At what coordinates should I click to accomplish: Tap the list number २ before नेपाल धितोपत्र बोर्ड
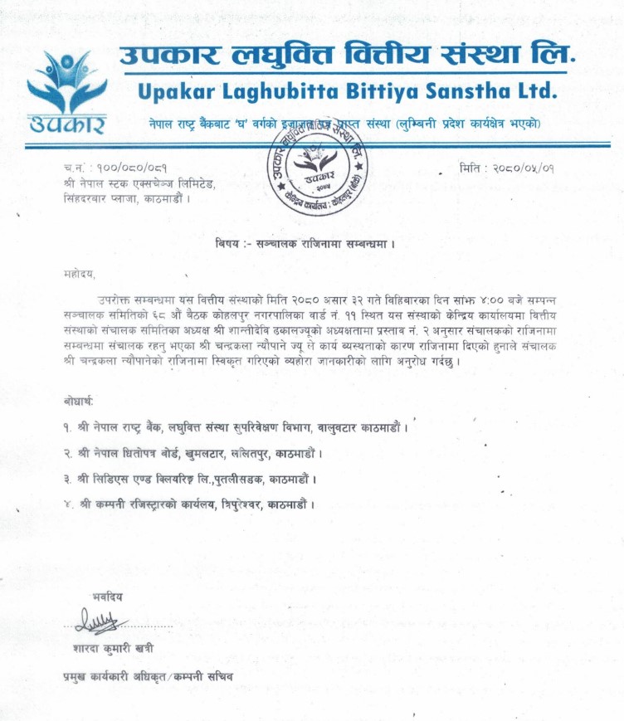coord(66,454)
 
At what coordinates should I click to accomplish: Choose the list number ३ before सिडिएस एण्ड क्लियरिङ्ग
coord(66,480)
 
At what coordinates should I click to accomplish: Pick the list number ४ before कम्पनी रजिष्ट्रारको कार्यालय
coord(66,504)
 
